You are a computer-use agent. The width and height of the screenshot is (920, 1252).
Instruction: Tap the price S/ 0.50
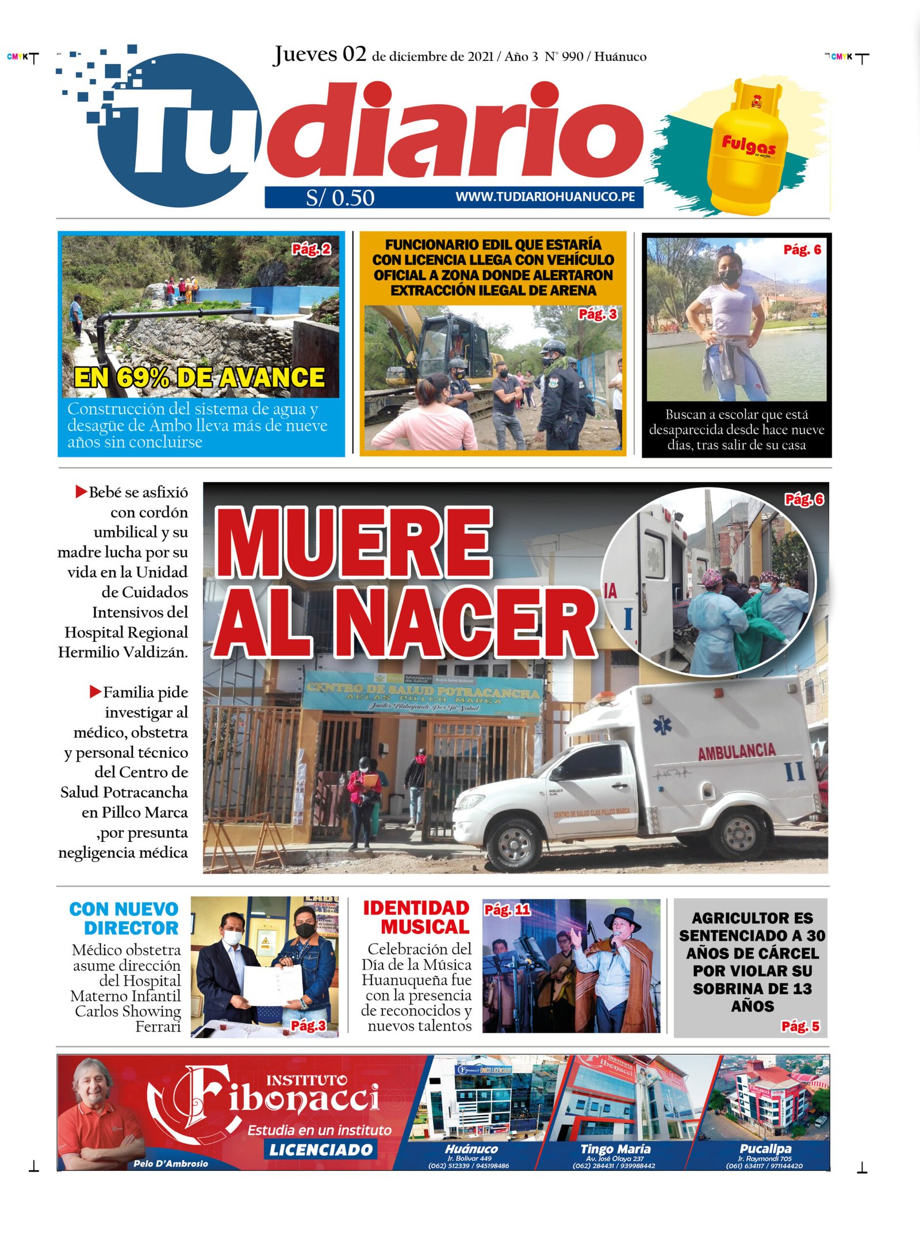pyautogui.click(x=340, y=198)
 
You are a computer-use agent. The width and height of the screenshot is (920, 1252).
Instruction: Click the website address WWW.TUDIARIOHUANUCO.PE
pyautogui.click(x=545, y=197)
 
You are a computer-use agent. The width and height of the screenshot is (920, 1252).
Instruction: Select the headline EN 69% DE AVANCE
pyautogui.click(x=199, y=377)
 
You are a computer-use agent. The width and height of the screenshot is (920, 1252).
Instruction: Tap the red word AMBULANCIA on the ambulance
pyautogui.click(x=737, y=751)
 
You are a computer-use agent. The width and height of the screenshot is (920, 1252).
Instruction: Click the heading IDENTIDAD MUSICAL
pyautogui.click(x=416, y=917)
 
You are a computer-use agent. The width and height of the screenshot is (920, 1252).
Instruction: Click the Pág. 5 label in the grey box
pyautogui.click(x=800, y=1026)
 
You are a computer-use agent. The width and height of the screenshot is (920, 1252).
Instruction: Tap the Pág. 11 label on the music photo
pyautogui.click(x=507, y=910)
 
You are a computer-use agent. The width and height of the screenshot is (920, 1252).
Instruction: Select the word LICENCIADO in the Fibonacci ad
pyautogui.click(x=321, y=1150)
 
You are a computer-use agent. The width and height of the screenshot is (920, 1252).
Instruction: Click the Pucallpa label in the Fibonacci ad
pyautogui.click(x=765, y=1148)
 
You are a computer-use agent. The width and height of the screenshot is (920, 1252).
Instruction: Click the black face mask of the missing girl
pyautogui.click(x=729, y=277)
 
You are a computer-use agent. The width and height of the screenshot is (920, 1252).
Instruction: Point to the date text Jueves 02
pyautogui.click(x=320, y=54)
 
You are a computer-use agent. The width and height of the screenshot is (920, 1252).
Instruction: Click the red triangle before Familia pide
pyautogui.click(x=95, y=691)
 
